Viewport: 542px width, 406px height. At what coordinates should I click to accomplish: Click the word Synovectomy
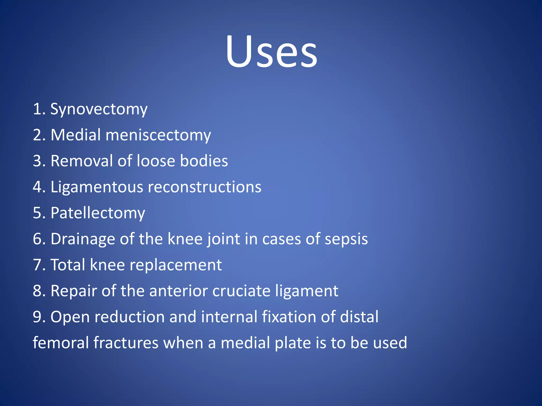point(99,109)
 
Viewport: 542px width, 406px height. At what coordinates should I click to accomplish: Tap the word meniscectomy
point(158,135)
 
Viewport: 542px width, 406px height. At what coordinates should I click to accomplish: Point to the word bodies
point(204,161)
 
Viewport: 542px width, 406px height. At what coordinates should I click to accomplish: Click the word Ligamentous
point(97,187)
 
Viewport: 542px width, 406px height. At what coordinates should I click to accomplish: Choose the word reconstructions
point(205,187)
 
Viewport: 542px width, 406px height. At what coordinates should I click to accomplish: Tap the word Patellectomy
point(98,213)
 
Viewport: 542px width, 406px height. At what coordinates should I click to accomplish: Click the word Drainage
point(83,239)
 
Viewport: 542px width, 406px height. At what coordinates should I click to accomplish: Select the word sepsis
point(346,239)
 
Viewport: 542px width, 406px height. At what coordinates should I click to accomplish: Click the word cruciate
point(241,291)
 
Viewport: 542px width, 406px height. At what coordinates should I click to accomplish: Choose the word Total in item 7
point(68,265)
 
